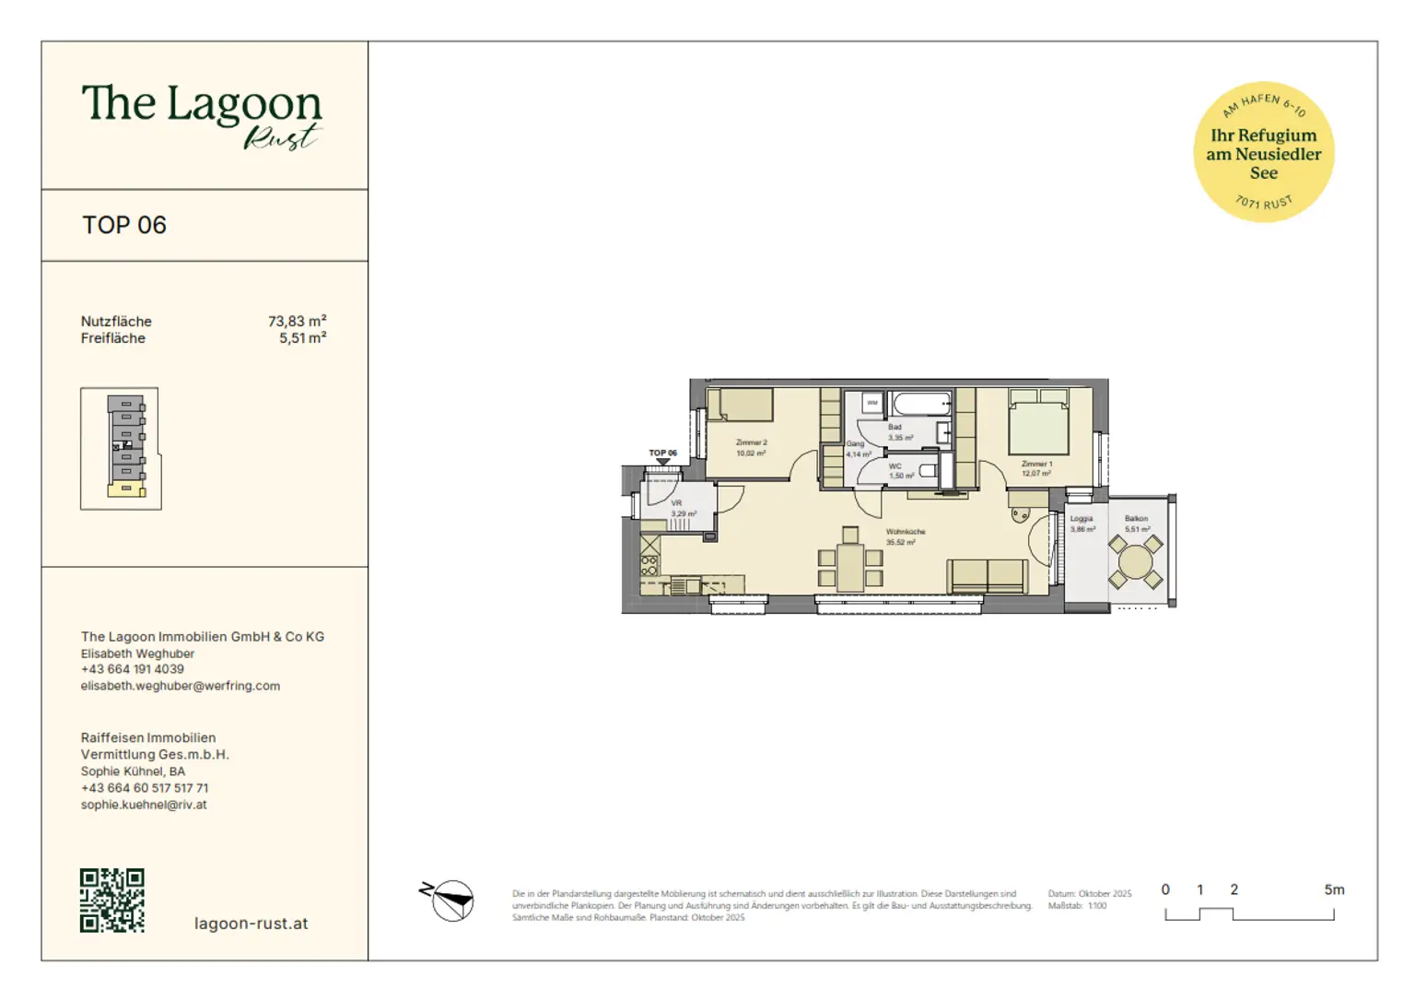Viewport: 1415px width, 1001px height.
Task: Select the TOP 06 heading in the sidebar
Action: (x=124, y=225)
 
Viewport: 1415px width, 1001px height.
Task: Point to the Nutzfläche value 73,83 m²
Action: (x=297, y=321)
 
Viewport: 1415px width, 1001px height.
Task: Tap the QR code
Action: (x=111, y=901)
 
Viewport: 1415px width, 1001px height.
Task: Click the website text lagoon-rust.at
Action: (x=251, y=924)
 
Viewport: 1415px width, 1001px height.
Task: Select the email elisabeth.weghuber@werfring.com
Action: (x=181, y=686)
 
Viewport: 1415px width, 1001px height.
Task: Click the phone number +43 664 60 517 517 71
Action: (x=145, y=788)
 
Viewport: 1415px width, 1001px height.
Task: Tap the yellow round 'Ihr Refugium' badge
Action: (x=1263, y=152)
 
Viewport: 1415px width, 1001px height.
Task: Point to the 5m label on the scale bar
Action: (x=1334, y=889)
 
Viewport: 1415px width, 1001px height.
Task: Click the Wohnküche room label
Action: (x=905, y=532)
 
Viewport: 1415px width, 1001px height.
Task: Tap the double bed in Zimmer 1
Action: (x=1038, y=425)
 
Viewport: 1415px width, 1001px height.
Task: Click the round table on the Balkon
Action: (x=1135, y=561)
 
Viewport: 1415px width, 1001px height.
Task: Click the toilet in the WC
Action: (x=929, y=471)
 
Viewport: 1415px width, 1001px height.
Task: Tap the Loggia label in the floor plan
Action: (x=1082, y=519)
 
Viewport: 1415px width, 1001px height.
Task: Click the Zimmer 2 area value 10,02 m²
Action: (x=751, y=453)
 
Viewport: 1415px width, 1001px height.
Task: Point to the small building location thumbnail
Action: (x=121, y=449)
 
